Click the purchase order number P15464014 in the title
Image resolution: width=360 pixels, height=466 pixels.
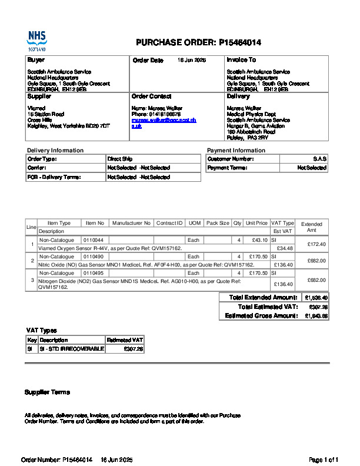tap(240, 42)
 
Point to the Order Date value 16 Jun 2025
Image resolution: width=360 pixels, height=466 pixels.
tap(192, 61)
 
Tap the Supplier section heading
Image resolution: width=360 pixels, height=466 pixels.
tap(39, 96)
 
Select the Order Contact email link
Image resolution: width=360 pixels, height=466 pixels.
tap(164, 123)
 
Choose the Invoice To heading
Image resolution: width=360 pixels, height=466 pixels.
tap(241, 60)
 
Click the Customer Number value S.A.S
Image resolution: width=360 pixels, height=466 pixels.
tap(320, 159)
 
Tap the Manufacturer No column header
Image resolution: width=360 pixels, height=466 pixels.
tap(132, 224)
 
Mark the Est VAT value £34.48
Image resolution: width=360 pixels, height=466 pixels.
tap(285, 248)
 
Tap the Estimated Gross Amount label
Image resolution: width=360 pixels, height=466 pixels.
tap(261, 316)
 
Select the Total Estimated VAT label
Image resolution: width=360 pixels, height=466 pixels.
tap(268, 307)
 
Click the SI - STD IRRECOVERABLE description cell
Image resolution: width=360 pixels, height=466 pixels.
tap(71, 349)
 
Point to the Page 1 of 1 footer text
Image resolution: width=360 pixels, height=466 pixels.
tap(324, 460)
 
